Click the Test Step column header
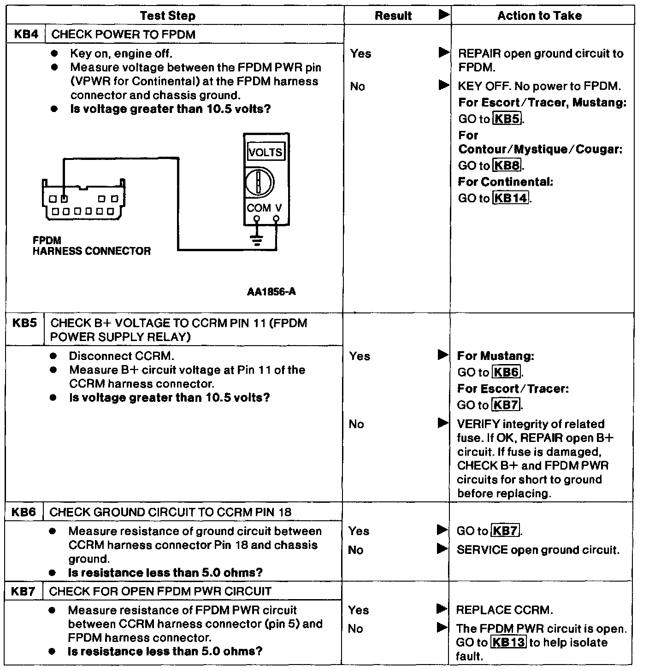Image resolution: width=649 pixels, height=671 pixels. click(168, 16)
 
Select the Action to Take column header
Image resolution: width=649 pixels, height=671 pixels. click(539, 16)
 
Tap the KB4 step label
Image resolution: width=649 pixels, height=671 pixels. click(26, 34)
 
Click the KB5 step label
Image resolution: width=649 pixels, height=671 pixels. click(24, 323)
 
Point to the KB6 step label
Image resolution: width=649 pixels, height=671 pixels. click(24, 512)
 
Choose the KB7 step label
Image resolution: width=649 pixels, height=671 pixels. click(24, 591)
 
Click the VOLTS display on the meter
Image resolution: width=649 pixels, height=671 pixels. click(265, 152)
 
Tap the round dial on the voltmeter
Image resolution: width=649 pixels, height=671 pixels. click(259, 183)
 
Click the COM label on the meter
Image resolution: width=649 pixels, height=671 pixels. click(258, 208)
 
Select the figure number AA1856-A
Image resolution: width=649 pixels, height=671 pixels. click(271, 292)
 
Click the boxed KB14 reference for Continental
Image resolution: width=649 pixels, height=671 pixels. click(511, 198)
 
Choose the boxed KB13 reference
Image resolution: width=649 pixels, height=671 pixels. click(508, 642)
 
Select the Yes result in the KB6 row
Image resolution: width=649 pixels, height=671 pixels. click(359, 531)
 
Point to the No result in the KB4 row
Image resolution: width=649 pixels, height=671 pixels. click(357, 86)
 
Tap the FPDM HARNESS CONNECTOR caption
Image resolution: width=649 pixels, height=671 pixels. click(91, 246)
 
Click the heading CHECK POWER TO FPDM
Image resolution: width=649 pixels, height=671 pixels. click(124, 35)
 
